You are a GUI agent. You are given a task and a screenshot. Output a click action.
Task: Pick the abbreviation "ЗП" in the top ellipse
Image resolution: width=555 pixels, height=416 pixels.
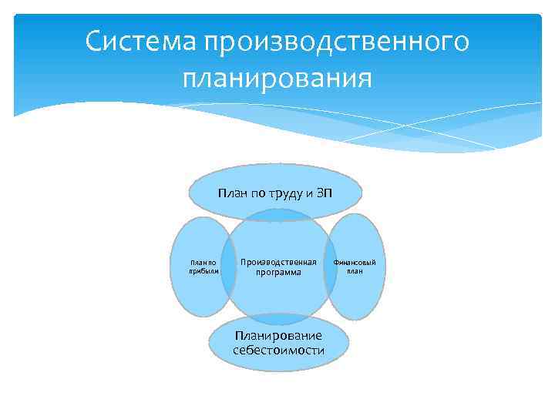[x=325, y=192]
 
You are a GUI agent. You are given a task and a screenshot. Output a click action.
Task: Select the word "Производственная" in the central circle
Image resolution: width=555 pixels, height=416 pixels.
[x=278, y=263]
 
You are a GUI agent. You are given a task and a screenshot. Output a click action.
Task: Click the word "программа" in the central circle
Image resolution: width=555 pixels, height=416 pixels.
[x=278, y=273]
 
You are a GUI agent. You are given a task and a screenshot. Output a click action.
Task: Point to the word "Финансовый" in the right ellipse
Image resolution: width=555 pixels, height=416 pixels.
[x=355, y=263]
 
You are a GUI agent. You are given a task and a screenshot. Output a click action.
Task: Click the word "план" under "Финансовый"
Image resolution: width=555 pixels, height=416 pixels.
[x=355, y=271]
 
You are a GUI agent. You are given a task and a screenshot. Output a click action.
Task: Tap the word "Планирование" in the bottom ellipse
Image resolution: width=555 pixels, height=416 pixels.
[x=278, y=336]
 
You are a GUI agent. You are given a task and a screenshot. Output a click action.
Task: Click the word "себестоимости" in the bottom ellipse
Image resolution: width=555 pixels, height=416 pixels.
[x=278, y=351]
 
